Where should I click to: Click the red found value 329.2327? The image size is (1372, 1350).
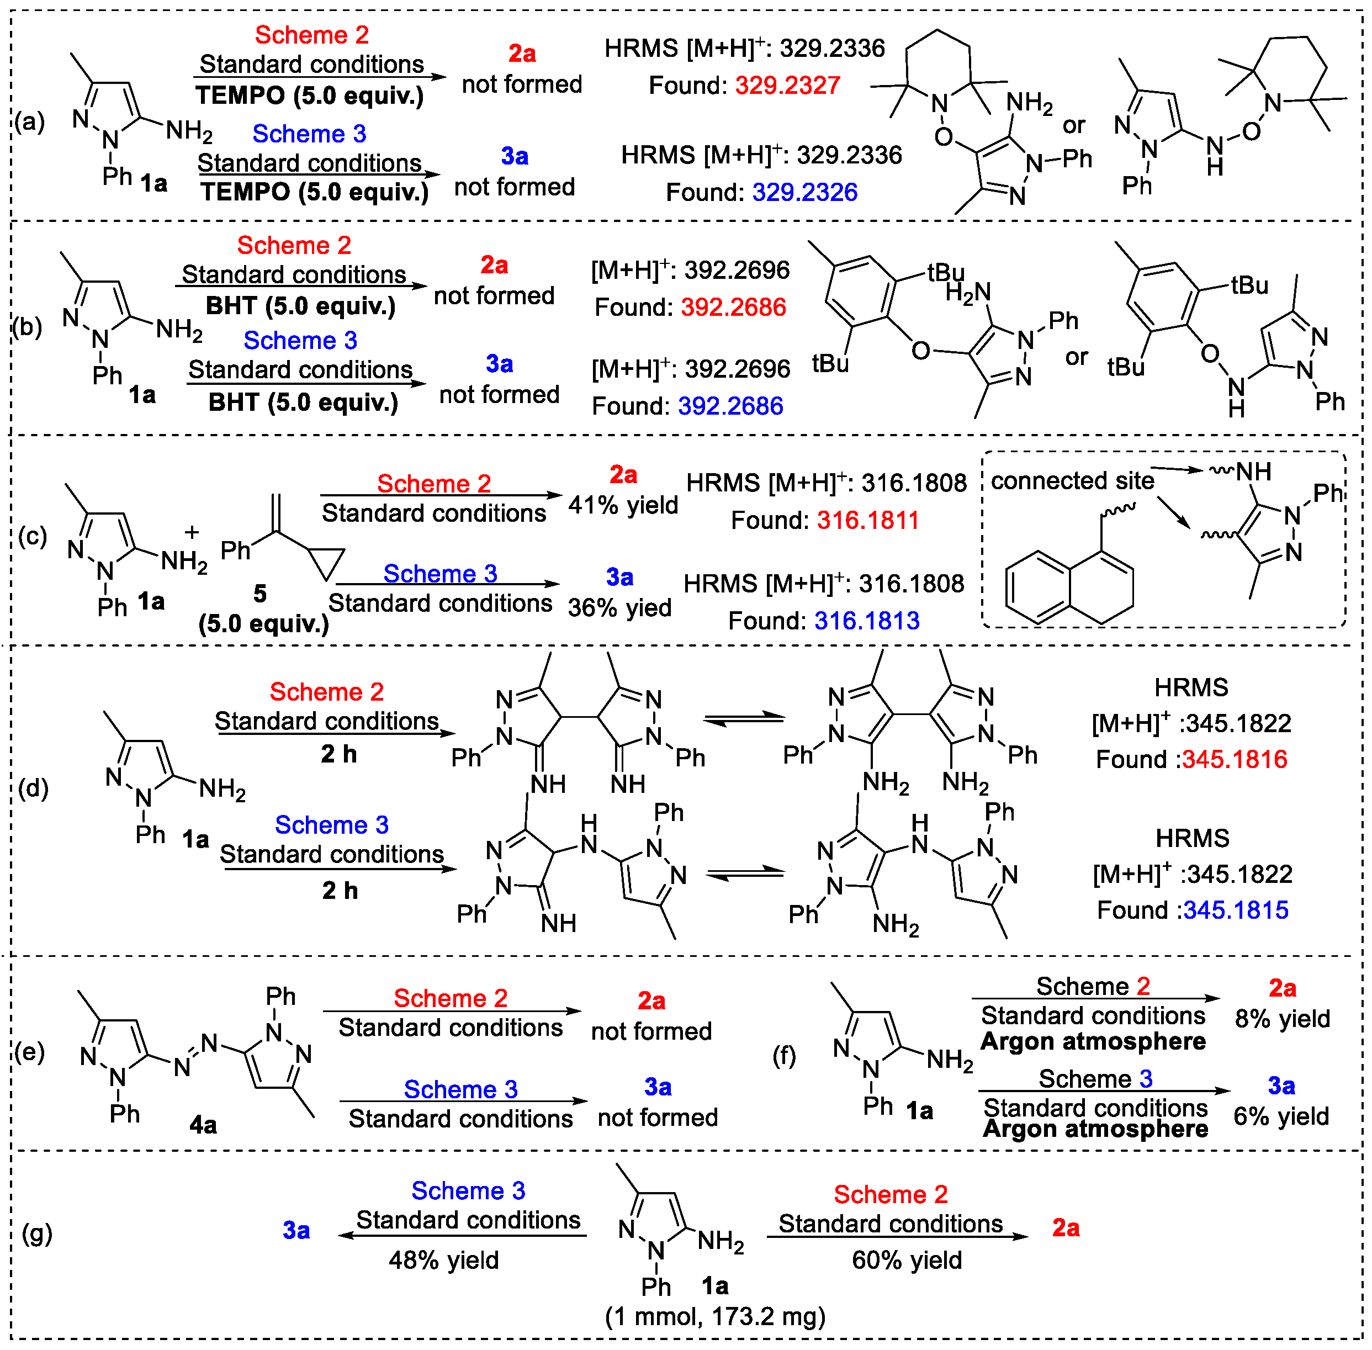pyautogui.click(x=787, y=86)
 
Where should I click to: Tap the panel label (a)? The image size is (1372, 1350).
pyautogui.click(x=30, y=122)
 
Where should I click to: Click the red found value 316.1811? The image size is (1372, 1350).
pyautogui.click(x=867, y=521)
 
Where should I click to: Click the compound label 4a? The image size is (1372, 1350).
pyautogui.click(x=203, y=1125)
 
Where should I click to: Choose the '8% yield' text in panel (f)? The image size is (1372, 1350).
pyautogui.click(x=1281, y=1019)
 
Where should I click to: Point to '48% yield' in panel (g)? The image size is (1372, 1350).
pyautogui.click(x=444, y=1260)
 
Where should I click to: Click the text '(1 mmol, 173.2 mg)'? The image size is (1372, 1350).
pyautogui.click(x=715, y=1317)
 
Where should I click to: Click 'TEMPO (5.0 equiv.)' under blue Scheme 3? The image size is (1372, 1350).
pyautogui.click(x=314, y=192)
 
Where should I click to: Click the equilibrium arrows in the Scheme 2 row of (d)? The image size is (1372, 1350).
pyautogui.click(x=744, y=719)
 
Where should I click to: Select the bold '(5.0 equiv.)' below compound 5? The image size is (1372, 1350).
pyautogui.click(x=264, y=623)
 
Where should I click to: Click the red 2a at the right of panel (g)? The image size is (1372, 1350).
pyautogui.click(x=1065, y=1228)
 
